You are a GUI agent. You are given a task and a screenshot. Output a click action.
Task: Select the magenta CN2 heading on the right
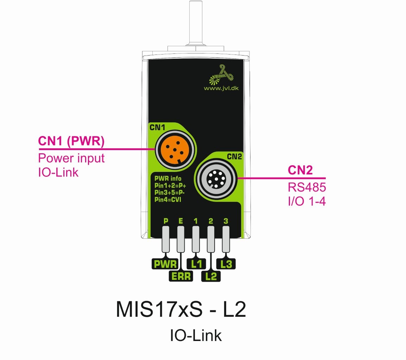click(x=300, y=171)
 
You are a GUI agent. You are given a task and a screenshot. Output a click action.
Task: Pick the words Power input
click(x=71, y=158)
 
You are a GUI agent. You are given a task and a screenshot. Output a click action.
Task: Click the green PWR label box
click(x=164, y=264)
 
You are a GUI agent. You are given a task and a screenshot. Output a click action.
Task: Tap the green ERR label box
click(x=181, y=276)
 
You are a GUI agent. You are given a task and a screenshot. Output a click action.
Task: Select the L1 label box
click(x=196, y=264)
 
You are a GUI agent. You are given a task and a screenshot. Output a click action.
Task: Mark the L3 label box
click(x=226, y=264)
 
